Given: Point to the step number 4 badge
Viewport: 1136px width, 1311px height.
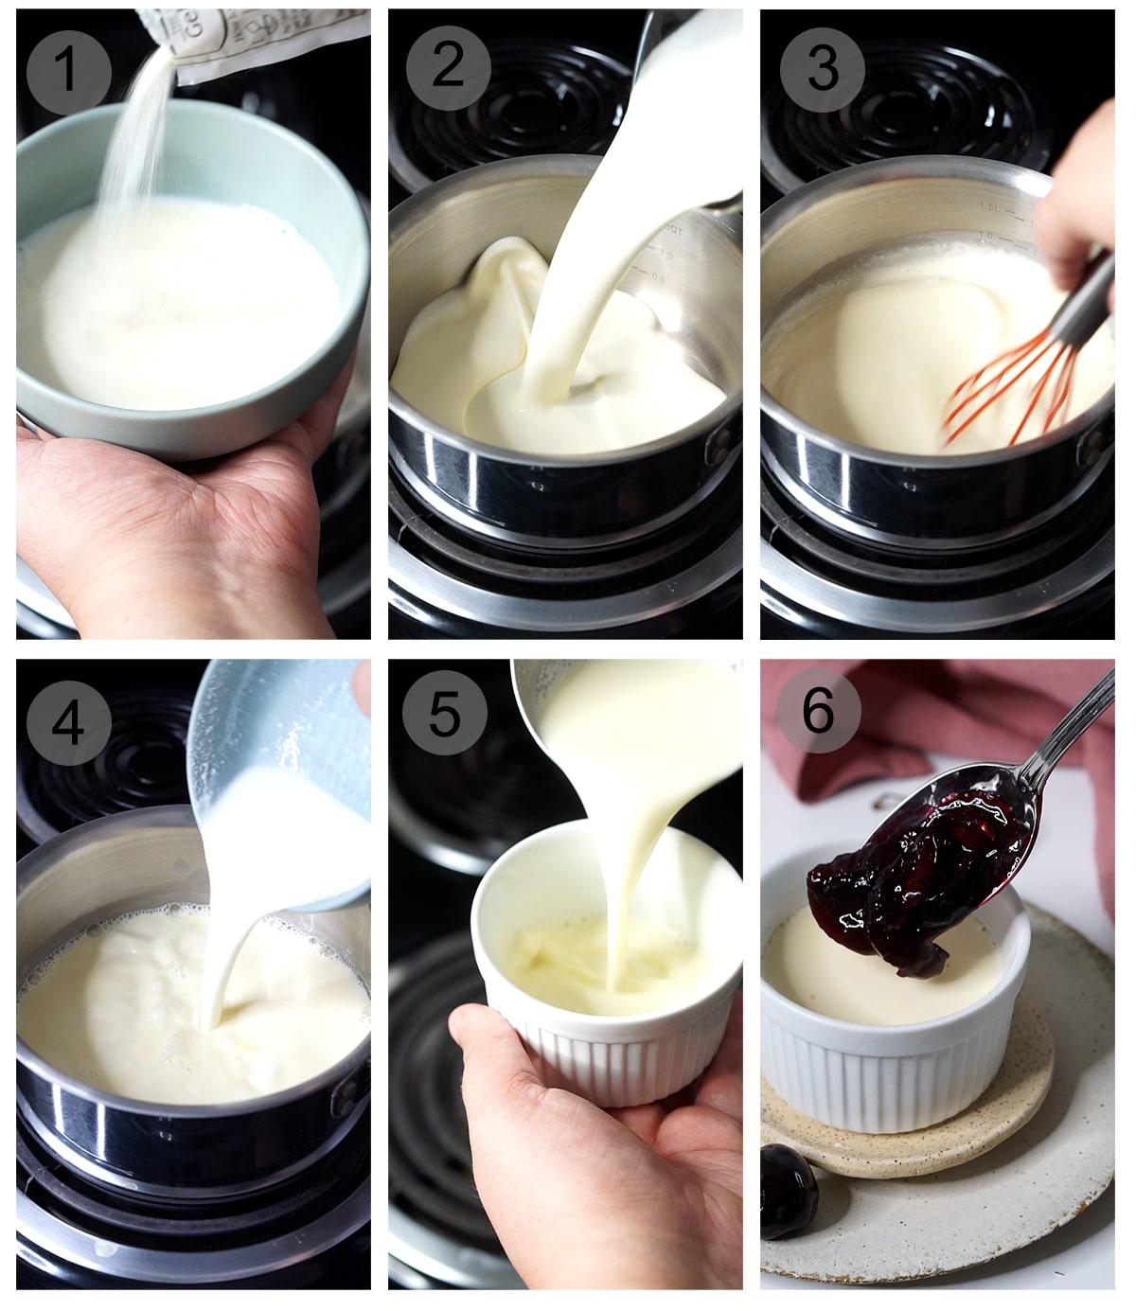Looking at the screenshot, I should (68, 723).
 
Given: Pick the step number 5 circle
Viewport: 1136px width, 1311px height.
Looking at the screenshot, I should (444, 713).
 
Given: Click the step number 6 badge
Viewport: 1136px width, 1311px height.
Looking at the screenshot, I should (818, 710).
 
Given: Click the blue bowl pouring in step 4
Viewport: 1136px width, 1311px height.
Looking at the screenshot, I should (275, 748).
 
